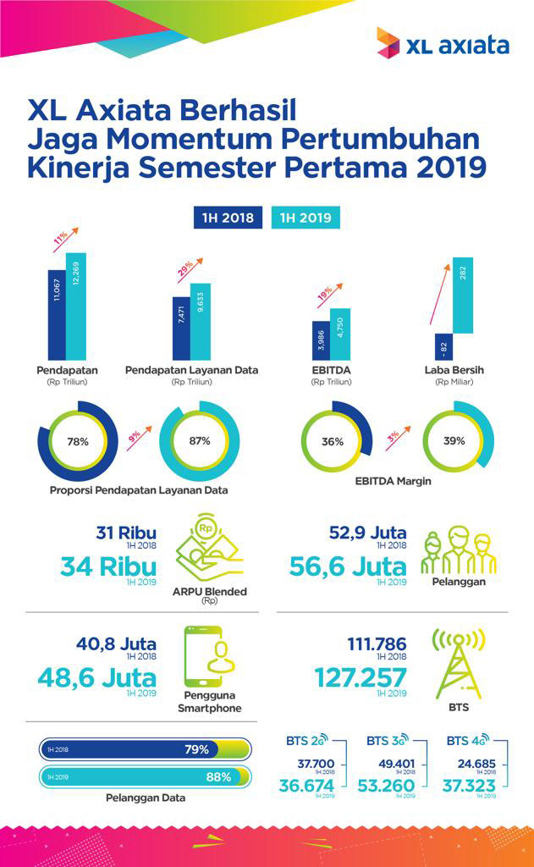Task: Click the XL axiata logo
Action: click(x=443, y=43)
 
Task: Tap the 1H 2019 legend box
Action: click(x=306, y=218)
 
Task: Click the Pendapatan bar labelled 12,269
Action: click(x=76, y=306)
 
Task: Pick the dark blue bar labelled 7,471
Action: click(x=181, y=328)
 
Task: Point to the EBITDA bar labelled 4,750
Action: click(x=339, y=334)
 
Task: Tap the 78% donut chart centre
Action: click(x=77, y=441)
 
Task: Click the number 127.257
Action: click(x=361, y=678)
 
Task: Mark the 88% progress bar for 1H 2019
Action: click(x=144, y=776)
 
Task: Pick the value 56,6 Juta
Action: click(x=348, y=566)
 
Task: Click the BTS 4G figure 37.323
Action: click(x=471, y=787)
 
